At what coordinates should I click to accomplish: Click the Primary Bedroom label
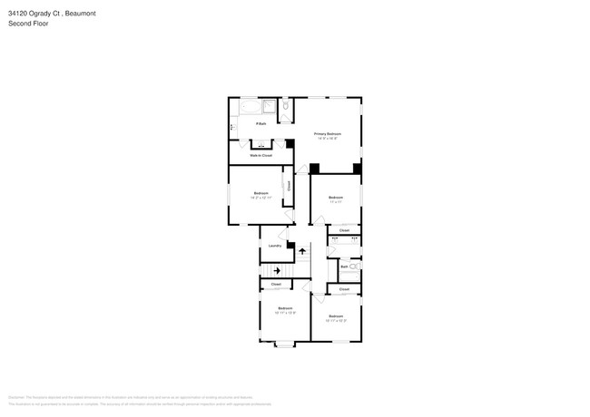tap(327, 133)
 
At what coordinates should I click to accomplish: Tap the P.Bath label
tap(261, 123)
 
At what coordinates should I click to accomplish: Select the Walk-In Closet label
tap(261, 155)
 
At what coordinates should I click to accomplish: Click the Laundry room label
tap(273, 246)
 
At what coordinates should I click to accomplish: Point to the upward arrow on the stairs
tap(303, 250)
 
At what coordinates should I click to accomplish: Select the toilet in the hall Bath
tap(354, 267)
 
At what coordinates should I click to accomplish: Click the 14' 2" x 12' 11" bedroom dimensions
tap(261, 198)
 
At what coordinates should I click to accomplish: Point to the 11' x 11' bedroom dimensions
tap(335, 202)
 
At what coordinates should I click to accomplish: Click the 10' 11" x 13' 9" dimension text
tap(285, 313)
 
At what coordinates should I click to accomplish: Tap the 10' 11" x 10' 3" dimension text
tap(336, 320)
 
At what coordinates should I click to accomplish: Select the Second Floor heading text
tap(28, 24)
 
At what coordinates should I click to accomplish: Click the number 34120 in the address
tap(18, 13)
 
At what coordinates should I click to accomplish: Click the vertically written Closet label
tap(289, 186)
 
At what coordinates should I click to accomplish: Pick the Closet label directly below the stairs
tap(275, 285)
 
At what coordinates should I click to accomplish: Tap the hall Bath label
tap(344, 267)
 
